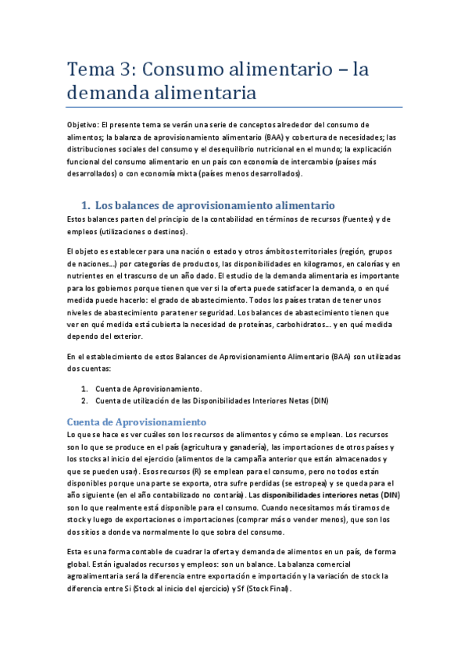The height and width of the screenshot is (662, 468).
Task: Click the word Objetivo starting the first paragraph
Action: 83,125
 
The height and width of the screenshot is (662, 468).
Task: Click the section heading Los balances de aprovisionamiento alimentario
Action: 215,205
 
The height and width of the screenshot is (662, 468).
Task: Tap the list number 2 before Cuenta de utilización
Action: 84,401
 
